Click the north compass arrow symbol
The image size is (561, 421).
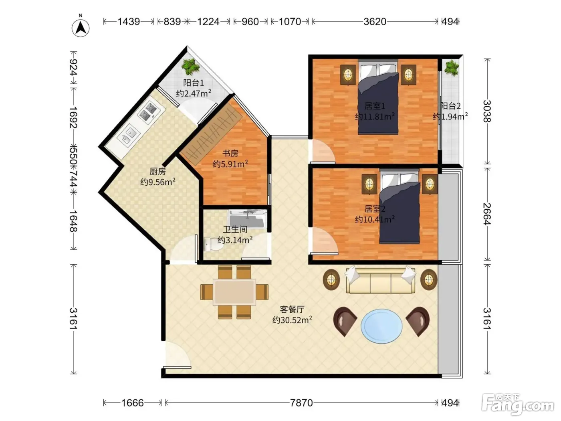point(81,28)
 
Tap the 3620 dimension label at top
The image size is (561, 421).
point(375,22)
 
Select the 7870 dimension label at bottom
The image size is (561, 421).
point(301,403)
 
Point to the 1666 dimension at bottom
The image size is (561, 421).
point(132,403)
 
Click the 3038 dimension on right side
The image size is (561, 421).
point(487,111)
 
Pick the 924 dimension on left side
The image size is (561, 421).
point(74,67)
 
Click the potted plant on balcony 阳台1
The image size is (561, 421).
point(190,67)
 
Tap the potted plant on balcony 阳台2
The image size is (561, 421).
point(452,68)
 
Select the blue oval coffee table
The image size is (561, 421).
point(381,326)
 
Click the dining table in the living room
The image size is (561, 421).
point(234,292)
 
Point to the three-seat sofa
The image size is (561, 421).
point(380,279)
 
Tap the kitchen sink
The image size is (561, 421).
point(129,135)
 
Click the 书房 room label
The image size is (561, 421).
point(230,154)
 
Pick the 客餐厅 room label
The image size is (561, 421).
point(292,309)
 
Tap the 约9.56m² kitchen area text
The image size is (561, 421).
point(158,182)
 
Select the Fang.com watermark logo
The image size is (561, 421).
point(517,404)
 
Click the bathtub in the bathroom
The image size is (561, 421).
point(247,219)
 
